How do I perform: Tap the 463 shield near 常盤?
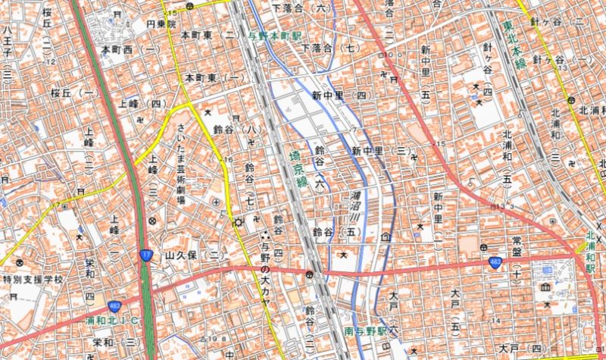tap(494, 262)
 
